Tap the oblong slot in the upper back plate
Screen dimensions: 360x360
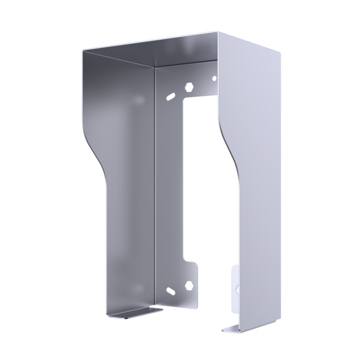(x=172, y=95)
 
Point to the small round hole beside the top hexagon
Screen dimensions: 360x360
(x=214, y=78)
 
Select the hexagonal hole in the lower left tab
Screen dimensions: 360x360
(x=189, y=284)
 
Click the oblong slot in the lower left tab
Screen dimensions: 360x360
(x=171, y=292)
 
